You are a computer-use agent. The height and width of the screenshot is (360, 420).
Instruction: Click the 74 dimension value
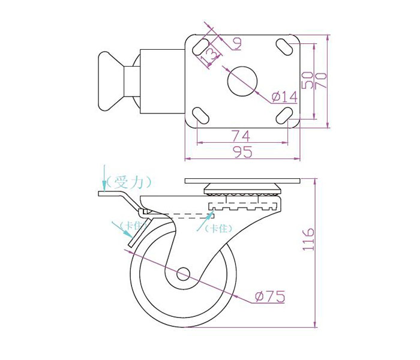[x=241, y=136]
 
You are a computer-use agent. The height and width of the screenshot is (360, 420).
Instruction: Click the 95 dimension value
[x=243, y=152]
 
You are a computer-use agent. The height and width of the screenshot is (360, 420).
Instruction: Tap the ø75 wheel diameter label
[x=270, y=296]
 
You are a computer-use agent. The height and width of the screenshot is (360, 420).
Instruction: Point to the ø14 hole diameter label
[x=284, y=97]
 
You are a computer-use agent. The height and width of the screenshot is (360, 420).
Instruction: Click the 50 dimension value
[x=307, y=80]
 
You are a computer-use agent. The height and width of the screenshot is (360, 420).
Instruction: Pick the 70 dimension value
[x=321, y=80]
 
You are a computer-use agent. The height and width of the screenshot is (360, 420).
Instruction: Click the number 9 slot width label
[x=237, y=44]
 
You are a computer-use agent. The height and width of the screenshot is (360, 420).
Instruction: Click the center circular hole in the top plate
[x=242, y=81]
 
